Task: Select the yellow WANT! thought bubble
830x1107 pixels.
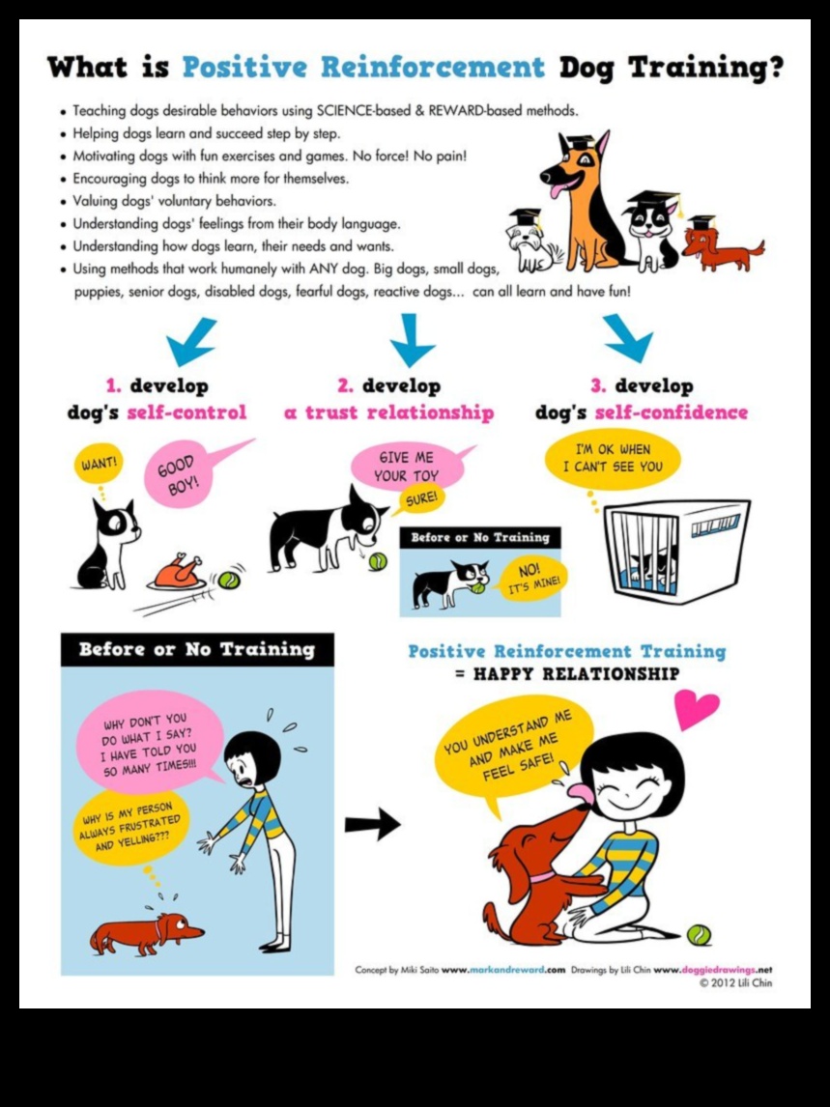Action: point(100,463)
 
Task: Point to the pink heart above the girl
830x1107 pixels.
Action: point(697,709)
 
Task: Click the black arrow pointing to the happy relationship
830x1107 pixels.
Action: point(372,824)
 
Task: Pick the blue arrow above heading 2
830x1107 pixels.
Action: point(415,339)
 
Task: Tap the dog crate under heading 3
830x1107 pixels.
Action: point(675,551)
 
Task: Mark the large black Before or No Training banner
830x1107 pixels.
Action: point(197,649)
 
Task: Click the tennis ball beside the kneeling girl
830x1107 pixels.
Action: point(699,935)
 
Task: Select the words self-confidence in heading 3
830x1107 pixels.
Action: point(672,412)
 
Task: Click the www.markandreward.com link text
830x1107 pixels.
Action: point(502,970)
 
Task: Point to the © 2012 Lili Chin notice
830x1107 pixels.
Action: point(735,983)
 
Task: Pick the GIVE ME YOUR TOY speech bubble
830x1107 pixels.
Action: point(407,466)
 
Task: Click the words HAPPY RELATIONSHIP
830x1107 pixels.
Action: point(576,674)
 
